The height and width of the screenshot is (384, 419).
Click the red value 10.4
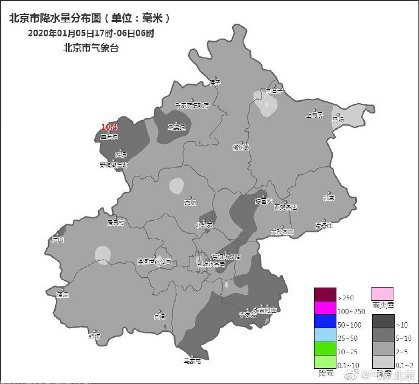click(109, 127)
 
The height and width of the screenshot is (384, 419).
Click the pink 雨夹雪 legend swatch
click(382, 294)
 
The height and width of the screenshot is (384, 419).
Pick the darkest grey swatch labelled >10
click(382, 322)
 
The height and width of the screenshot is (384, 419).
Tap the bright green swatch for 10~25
click(324, 349)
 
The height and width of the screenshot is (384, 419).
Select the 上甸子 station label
click(315, 114)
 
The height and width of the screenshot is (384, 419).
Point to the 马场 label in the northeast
click(338, 120)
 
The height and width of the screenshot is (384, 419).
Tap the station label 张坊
click(94, 335)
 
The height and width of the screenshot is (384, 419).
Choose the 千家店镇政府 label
click(192, 105)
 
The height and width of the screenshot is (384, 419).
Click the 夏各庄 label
click(324, 225)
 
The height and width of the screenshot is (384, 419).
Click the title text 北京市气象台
click(91, 47)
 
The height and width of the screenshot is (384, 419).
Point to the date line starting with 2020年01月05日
click(91, 33)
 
